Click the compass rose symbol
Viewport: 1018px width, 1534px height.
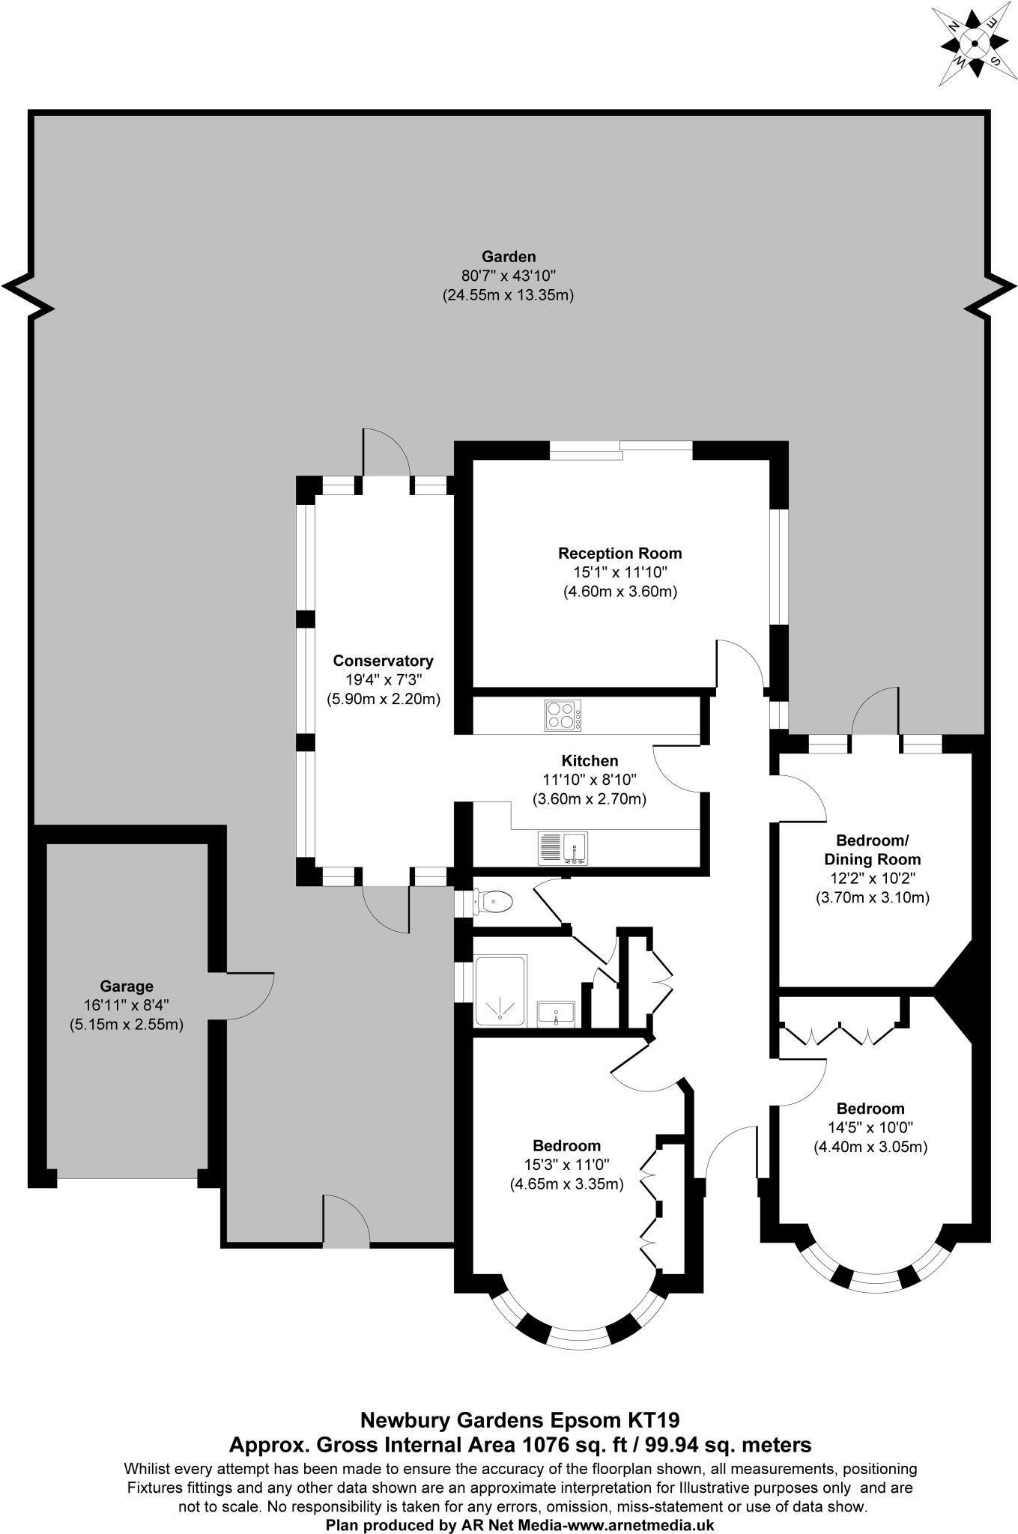pos(974,43)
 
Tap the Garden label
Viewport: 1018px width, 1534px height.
pos(508,257)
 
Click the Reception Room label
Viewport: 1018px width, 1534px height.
pos(619,554)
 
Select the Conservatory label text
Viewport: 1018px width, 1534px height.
pos(383,661)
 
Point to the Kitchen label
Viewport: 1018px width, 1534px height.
pos(590,761)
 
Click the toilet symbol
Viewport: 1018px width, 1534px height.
pos(494,901)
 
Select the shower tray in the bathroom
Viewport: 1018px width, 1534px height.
pos(501,990)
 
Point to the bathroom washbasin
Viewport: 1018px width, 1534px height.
pos(557,1013)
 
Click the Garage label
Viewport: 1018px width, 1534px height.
pos(126,986)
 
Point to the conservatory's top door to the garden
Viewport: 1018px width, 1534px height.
pos(385,454)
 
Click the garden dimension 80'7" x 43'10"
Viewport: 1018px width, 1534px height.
pos(508,276)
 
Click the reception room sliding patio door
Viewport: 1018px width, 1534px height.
pos(621,449)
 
